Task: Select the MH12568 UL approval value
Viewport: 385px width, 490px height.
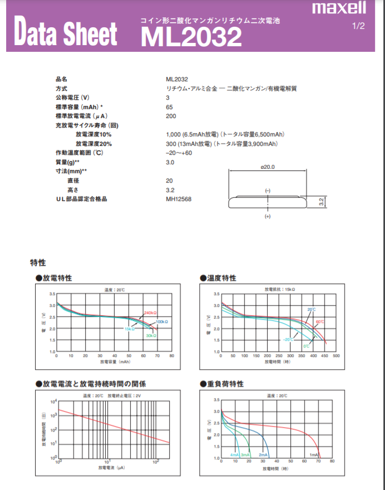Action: [179, 199]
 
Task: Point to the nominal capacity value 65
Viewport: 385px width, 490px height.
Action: [169, 107]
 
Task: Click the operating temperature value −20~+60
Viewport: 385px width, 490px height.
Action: [179, 153]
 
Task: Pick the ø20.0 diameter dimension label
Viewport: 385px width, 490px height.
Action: [268, 167]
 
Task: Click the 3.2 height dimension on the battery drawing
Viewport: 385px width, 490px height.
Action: [322, 202]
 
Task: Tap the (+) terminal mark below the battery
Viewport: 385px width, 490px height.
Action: [268, 215]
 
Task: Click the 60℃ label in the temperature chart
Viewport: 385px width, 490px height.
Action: [320, 322]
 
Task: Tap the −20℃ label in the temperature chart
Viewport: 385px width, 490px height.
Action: [288, 340]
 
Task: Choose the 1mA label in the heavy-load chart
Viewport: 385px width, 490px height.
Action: [314, 455]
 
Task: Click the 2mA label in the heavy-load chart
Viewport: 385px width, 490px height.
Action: [264, 455]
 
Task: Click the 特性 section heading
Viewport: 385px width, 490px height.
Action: [38, 262]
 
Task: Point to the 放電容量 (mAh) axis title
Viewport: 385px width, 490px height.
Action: [116, 362]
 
